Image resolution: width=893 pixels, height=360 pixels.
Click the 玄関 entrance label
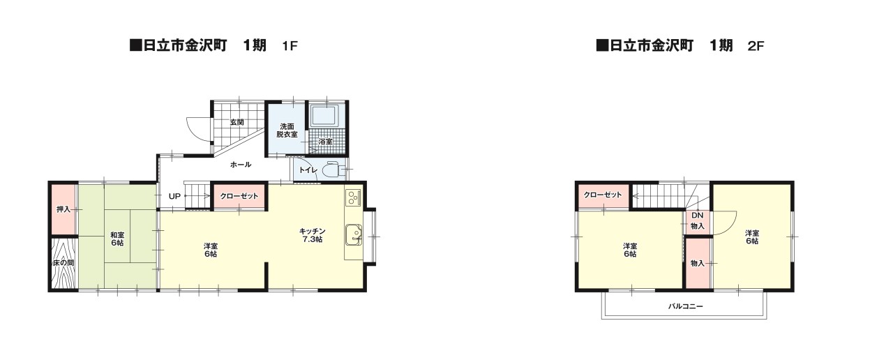(237, 122)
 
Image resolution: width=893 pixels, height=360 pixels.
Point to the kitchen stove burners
(353, 197)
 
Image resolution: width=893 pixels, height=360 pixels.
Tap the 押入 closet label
(63, 209)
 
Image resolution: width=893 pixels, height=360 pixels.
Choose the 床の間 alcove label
(63, 263)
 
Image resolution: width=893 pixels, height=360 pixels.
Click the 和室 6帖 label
(117, 239)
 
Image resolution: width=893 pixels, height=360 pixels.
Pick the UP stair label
(174, 196)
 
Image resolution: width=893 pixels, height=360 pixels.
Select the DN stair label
(697, 216)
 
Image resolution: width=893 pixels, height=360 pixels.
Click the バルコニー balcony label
(686, 306)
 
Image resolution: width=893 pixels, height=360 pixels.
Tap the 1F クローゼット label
(239, 196)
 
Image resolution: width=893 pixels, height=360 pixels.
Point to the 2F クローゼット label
(603, 195)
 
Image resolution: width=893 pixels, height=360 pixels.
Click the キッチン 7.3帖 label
(312, 235)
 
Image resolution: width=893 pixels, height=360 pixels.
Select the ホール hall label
(241, 165)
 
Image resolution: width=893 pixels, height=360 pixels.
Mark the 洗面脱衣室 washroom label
(287, 130)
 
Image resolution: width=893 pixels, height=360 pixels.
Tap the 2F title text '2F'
(756, 46)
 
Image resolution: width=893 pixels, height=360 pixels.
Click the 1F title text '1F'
(290, 46)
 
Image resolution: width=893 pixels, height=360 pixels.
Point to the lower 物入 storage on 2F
(697, 264)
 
